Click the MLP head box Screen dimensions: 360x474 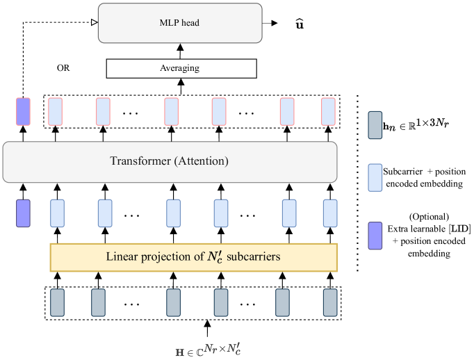point(180,23)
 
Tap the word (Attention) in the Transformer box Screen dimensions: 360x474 point(202,161)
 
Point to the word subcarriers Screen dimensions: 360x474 point(256,256)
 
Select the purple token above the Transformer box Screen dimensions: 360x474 point(24,111)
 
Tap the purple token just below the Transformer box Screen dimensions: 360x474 point(24,213)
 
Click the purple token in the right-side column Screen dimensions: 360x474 point(375,236)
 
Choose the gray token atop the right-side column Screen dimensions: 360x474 point(375,124)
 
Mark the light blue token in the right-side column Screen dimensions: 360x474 point(375,177)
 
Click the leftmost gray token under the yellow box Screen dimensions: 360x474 point(57,302)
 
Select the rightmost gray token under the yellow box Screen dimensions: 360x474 point(330,302)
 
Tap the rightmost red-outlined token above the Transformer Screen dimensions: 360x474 point(328,111)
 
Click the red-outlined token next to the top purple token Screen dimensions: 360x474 point(55,111)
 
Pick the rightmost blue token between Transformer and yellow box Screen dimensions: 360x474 point(330,213)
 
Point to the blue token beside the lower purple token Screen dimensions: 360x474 point(57,213)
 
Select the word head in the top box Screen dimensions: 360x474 point(191,23)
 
